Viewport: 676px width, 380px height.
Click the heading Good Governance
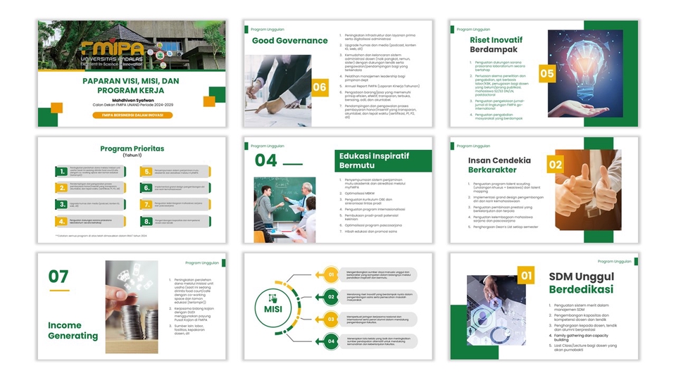[x=289, y=41]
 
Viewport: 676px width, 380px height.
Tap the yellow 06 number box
[x=320, y=87]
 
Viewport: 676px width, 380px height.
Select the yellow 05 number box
[x=547, y=73]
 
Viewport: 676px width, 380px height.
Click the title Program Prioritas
[x=132, y=148]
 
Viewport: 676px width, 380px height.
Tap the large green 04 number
[x=266, y=160]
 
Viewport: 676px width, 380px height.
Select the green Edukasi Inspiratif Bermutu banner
[x=382, y=161]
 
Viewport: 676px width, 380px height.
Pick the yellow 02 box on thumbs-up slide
[x=556, y=165]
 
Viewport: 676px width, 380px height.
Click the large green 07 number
[x=58, y=277]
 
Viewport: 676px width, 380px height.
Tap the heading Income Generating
[x=73, y=330]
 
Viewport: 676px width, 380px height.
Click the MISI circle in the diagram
[x=272, y=308]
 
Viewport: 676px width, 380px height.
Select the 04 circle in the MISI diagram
[x=332, y=341]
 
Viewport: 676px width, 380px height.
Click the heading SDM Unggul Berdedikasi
[x=581, y=283]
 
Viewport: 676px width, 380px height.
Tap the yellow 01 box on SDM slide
[x=526, y=275]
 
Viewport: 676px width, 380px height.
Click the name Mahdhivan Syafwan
[x=131, y=100]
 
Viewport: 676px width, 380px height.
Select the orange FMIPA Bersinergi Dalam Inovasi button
[x=132, y=115]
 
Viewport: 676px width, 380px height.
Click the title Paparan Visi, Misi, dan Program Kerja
[x=132, y=86]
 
